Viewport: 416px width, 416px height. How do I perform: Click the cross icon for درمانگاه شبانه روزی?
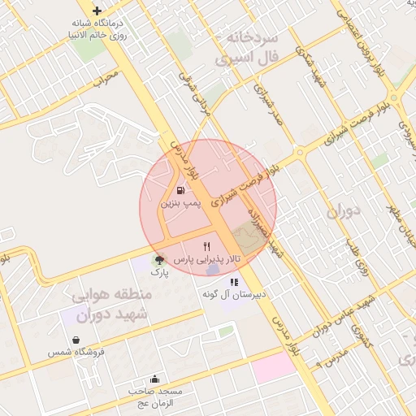[97, 11]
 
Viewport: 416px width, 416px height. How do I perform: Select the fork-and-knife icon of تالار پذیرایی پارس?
[207, 246]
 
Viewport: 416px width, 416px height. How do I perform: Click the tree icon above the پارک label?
[159, 261]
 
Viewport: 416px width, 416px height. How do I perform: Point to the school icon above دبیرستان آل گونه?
[234, 282]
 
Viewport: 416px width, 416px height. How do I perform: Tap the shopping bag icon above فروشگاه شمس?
[76, 340]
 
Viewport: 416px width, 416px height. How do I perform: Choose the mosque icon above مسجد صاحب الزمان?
[155, 379]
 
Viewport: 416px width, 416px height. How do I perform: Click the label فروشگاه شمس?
[76, 352]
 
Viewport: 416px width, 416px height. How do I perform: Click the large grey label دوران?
[349, 214]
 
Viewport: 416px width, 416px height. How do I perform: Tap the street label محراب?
[105, 80]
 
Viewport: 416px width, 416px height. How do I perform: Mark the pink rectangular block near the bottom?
[273, 366]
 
